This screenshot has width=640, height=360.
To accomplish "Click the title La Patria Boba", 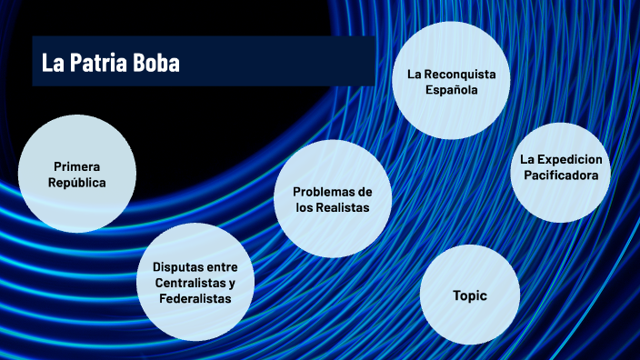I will tap(111, 63).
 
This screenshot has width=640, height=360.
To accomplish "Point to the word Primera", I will tap(77, 167).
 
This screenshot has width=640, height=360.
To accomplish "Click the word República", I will tap(77, 183).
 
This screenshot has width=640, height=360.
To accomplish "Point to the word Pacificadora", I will tap(560, 175).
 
